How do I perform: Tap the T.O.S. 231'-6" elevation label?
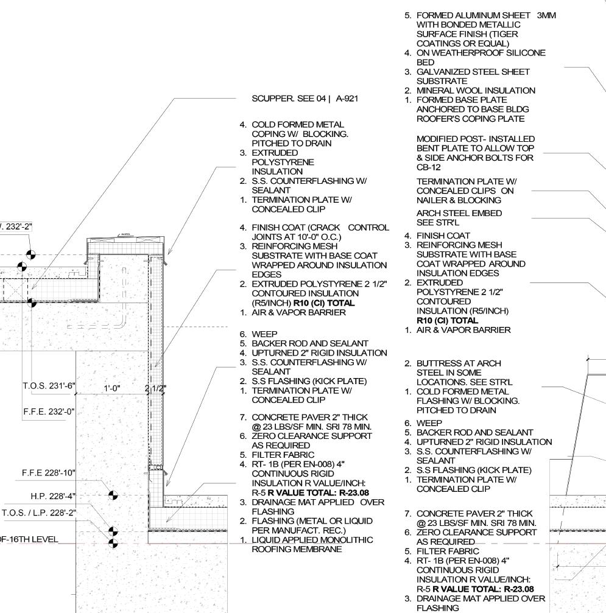tap(48, 386)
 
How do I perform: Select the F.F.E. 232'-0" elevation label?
tap(48, 412)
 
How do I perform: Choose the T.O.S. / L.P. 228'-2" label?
tap(39, 513)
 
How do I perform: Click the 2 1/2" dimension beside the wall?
tap(155, 388)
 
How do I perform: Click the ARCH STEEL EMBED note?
tap(459, 214)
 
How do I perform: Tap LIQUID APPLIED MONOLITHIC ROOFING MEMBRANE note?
tap(313, 544)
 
